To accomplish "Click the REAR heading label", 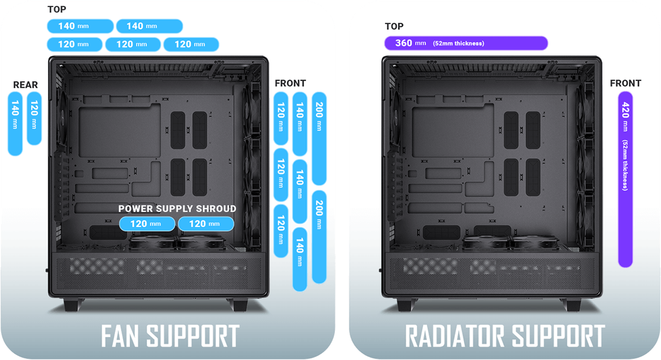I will (26, 85).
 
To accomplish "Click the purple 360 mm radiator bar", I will (465, 43).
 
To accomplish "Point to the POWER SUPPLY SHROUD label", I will (177, 209).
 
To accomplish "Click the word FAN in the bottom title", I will (124, 336).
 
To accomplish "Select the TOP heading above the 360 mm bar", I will (394, 26).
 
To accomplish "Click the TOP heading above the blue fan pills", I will (57, 9).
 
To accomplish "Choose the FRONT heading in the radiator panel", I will (625, 84).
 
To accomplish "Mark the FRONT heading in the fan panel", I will (290, 84).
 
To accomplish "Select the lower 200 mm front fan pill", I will (319, 237).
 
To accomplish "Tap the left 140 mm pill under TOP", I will (80, 26).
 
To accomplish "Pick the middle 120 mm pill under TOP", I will (132, 44).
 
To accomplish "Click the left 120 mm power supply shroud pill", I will (147, 223).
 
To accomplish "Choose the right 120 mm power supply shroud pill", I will (205, 223).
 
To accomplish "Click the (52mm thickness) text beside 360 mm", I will (458, 43).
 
